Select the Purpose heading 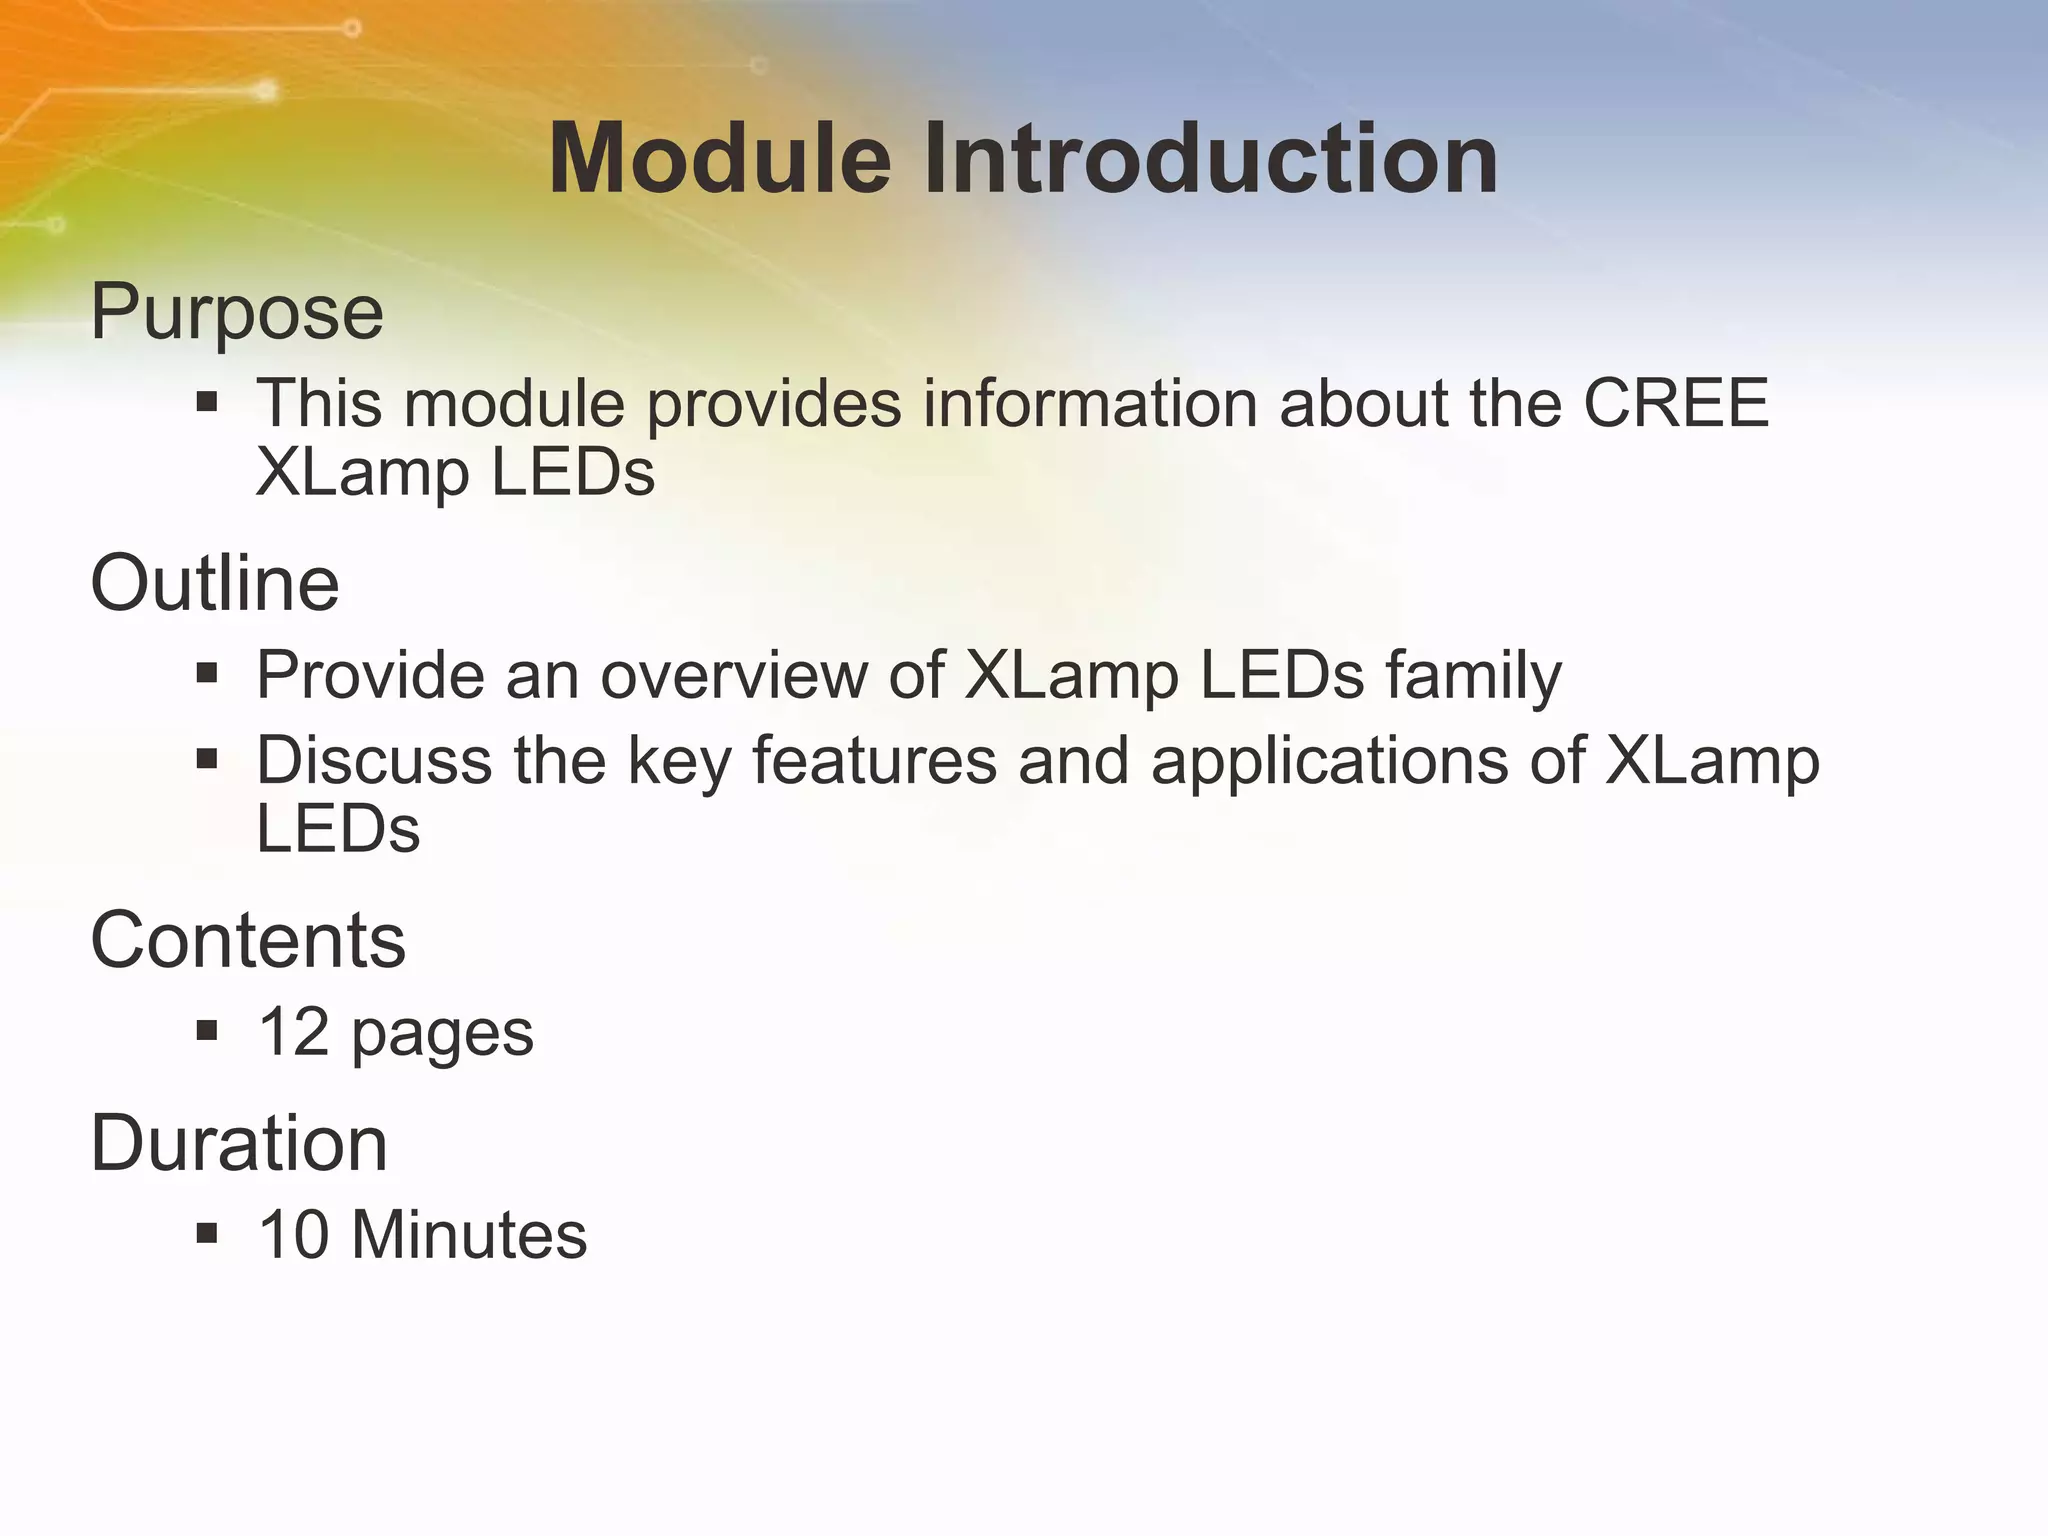237,312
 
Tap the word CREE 1676,403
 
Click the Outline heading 215,583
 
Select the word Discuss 374,760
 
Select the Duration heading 239,1143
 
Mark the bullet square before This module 207,402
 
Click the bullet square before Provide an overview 207,673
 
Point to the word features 874,760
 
